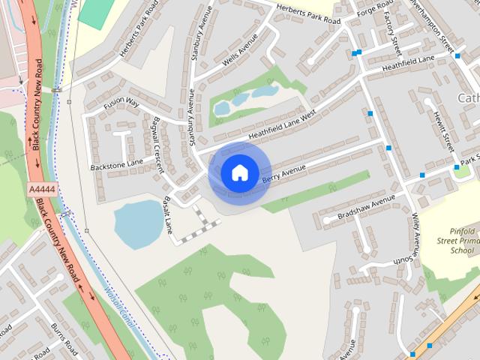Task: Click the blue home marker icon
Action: pos(238,173)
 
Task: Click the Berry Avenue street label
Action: pos(285,174)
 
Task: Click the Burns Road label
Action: pos(64,338)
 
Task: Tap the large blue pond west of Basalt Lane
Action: pos(137,221)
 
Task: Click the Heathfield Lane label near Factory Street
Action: pos(408,63)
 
